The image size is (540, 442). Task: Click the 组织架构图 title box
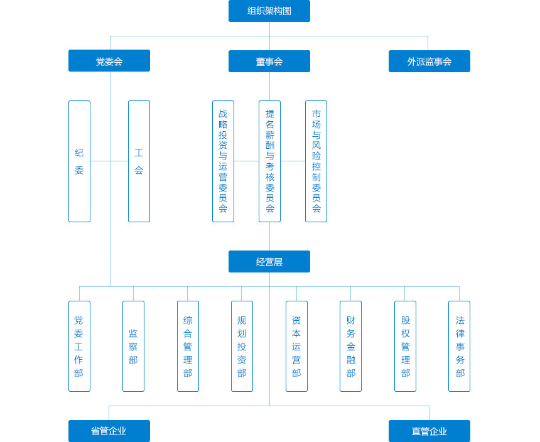pyautogui.click(x=269, y=11)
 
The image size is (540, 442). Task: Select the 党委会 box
pyautogui.click(x=109, y=60)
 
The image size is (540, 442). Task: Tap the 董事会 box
pyautogui.click(x=269, y=62)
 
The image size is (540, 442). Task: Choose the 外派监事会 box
pyautogui.click(x=429, y=62)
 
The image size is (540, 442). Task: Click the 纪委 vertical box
pyautogui.click(x=80, y=161)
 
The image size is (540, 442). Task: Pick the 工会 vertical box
pyautogui.click(x=139, y=161)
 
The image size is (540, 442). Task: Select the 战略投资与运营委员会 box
pyautogui.click(x=223, y=161)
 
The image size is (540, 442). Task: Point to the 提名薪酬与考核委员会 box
pyautogui.click(x=269, y=161)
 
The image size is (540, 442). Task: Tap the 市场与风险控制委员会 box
pyautogui.click(x=316, y=161)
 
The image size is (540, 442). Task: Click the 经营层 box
pyautogui.click(x=269, y=262)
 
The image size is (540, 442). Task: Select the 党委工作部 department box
pyautogui.click(x=80, y=347)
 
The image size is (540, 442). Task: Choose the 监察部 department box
pyautogui.click(x=134, y=347)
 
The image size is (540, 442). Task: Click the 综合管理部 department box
pyautogui.click(x=188, y=347)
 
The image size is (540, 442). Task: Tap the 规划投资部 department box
pyautogui.click(x=242, y=347)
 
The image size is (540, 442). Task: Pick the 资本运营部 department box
pyautogui.click(x=296, y=347)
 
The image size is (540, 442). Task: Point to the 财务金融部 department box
pyautogui.click(x=350, y=347)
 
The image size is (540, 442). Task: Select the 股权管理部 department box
pyautogui.click(x=406, y=347)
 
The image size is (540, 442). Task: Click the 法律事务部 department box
pyautogui.click(x=460, y=347)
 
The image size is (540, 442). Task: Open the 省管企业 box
pyautogui.click(x=109, y=431)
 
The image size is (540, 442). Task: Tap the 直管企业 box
pyautogui.click(x=429, y=431)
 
